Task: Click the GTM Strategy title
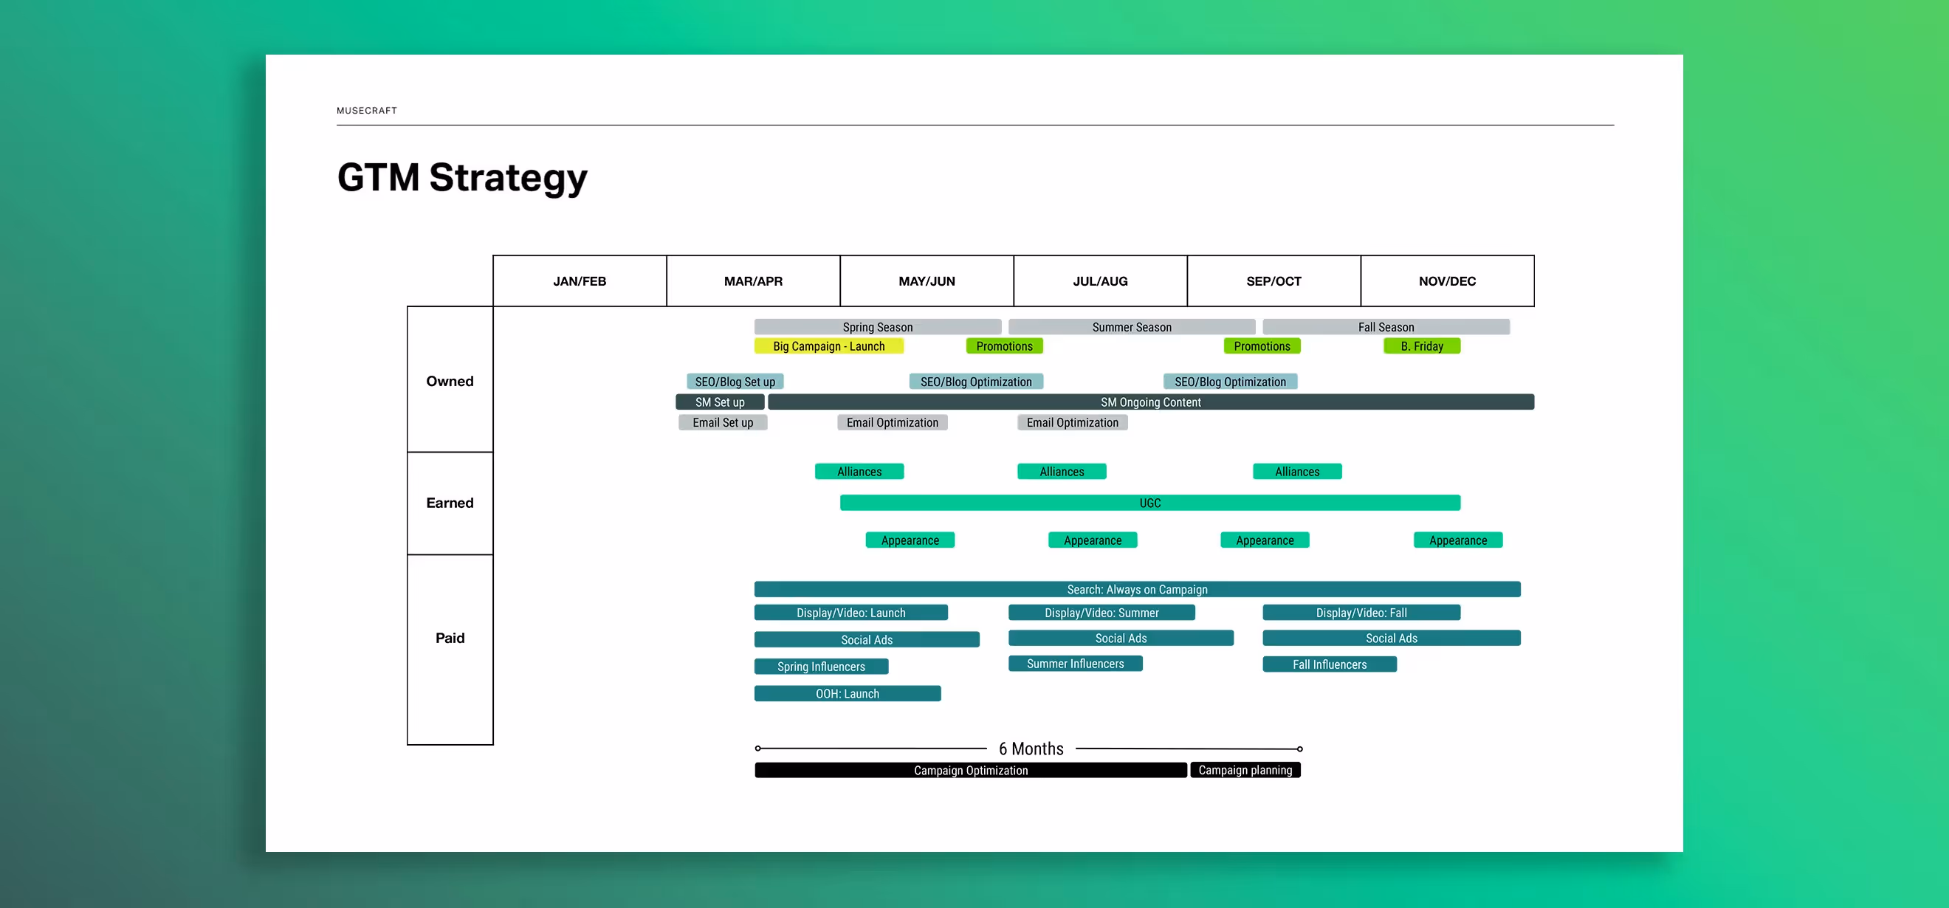tap(461, 178)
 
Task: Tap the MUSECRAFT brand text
tap(366, 111)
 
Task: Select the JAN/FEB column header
tap(580, 281)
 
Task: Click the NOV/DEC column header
tap(1447, 281)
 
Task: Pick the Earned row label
tap(450, 503)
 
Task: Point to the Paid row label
tap(450, 638)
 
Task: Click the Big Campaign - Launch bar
tap(828, 346)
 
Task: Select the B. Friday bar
tap(1422, 346)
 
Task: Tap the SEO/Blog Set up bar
tap(735, 382)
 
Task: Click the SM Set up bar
tap(720, 402)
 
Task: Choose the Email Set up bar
tap(723, 423)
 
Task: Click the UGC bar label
tap(1150, 503)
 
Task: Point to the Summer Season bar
tap(1131, 328)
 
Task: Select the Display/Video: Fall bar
tap(1361, 613)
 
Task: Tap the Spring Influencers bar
tap(821, 667)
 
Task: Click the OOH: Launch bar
tap(848, 694)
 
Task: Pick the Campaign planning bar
tap(1245, 770)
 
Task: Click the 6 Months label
tap(1031, 749)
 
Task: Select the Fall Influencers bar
tap(1330, 664)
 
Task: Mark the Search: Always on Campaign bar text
tap(1137, 589)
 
